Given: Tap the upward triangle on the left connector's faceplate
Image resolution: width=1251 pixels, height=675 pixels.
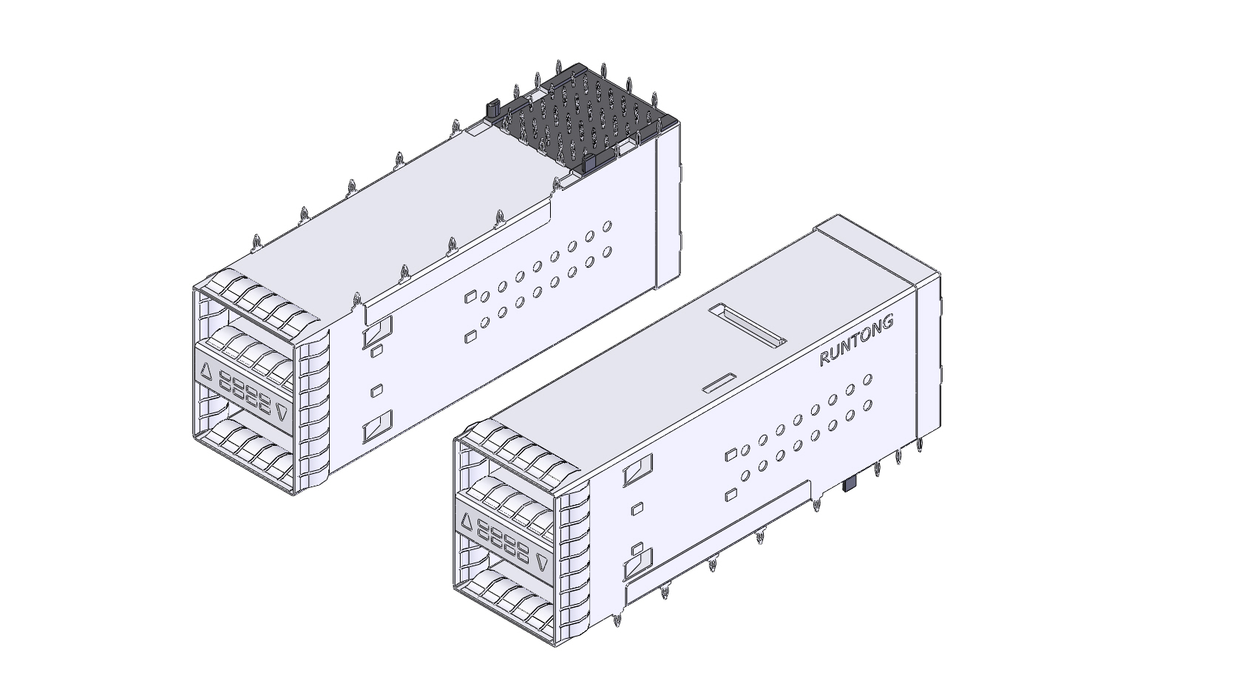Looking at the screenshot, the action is tap(206, 372).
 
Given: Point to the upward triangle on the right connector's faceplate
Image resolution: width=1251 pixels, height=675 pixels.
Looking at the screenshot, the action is tap(466, 523).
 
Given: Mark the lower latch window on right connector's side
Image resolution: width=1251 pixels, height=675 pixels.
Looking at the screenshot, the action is tap(638, 565).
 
